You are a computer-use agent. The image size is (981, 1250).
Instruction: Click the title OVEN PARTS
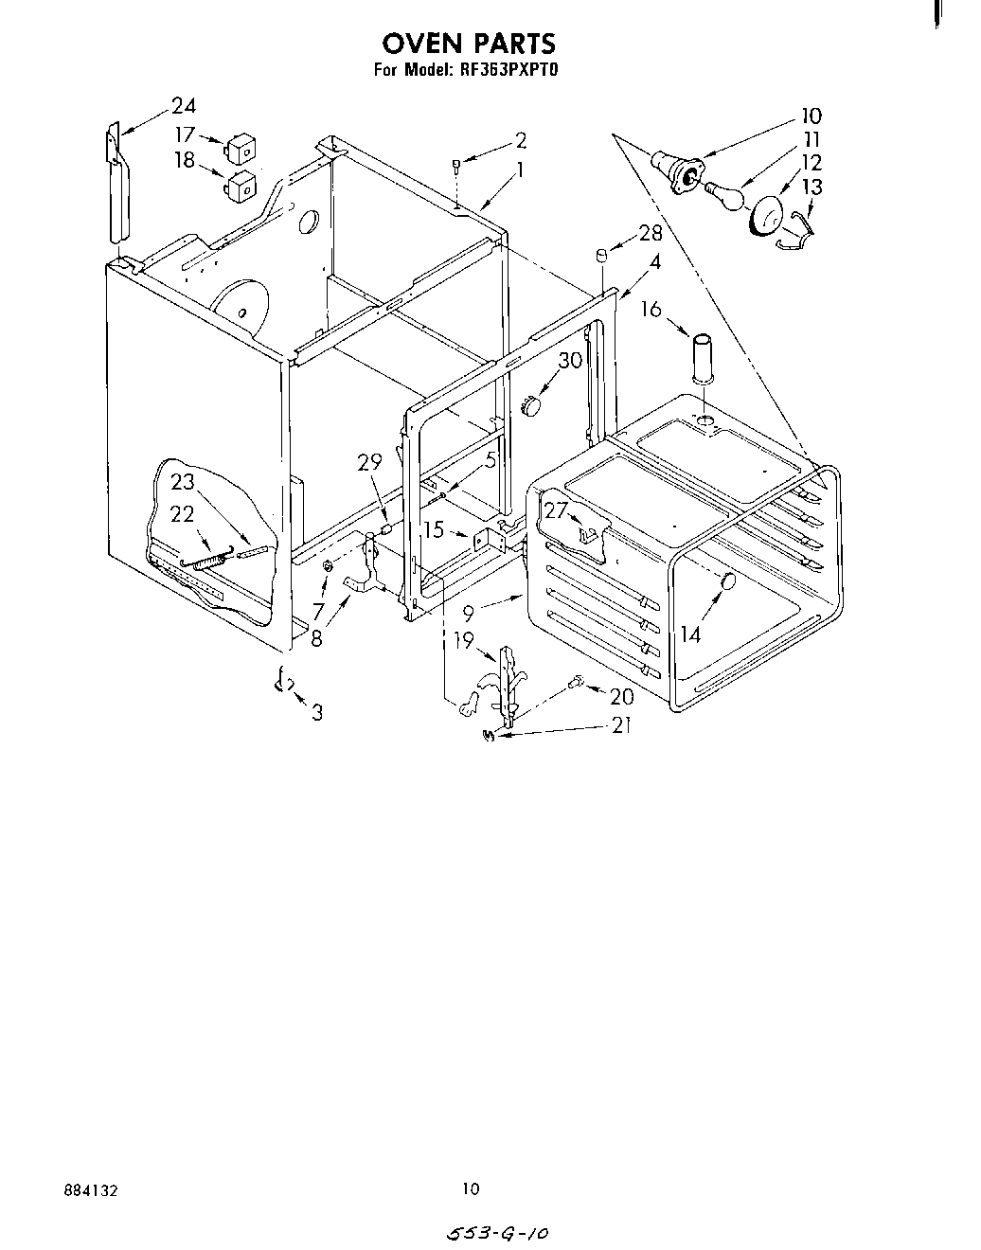click(x=468, y=43)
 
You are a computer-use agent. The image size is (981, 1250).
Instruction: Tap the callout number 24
click(x=184, y=106)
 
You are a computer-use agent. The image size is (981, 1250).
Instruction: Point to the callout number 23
click(x=183, y=481)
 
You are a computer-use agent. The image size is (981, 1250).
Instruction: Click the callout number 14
click(x=689, y=634)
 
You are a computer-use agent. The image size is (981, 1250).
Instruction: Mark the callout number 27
click(x=556, y=509)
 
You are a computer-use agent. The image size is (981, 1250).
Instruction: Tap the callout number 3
click(x=316, y=712)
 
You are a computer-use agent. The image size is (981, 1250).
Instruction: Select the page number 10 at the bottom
click(x=471, y=1188)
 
